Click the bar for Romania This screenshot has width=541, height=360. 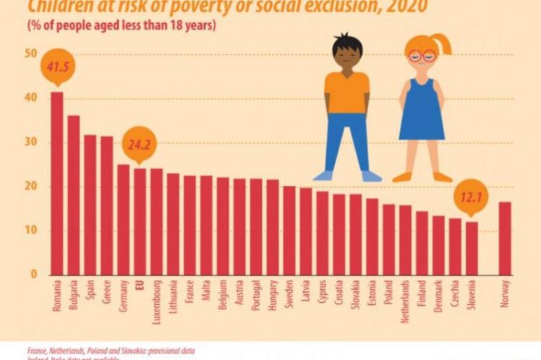coord(56,184)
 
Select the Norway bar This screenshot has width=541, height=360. coord(505,239)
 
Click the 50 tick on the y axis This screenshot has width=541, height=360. coord(30,54)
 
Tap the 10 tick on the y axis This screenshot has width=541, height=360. coord(30,231)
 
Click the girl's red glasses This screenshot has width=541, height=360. coord(421,56)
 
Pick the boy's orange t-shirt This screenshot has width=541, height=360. coord(346,91)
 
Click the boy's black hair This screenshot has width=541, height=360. coord(347,42)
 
